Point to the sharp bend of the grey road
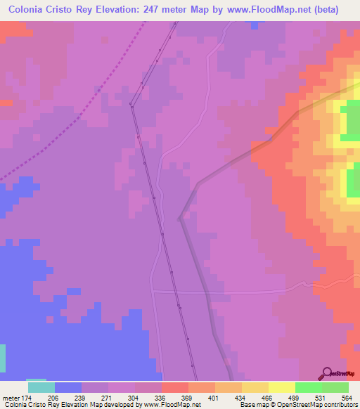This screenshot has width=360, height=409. [181, 217]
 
